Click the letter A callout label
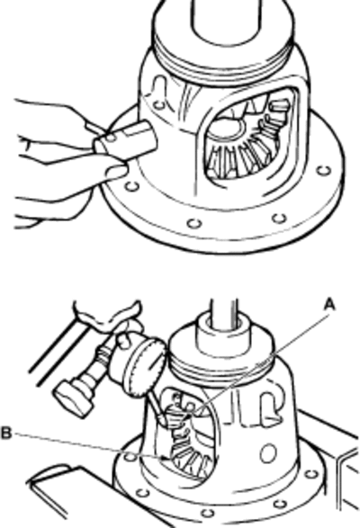(x=329, y=305)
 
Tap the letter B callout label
(x=6, y=433)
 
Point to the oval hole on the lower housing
(x=268, y=453)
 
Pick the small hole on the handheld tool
(x=111, y=138)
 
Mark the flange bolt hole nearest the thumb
(x=132, y=185)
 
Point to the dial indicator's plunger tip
(x=163, y=418)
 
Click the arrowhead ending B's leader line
(x=166, y=458)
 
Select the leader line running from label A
(x=262, y=362)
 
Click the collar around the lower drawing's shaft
(x=221, y=334)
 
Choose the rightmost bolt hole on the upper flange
(x=324, y=171)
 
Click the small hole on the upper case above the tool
(x=158, y=106)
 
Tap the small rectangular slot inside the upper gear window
(x=280, y=106)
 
